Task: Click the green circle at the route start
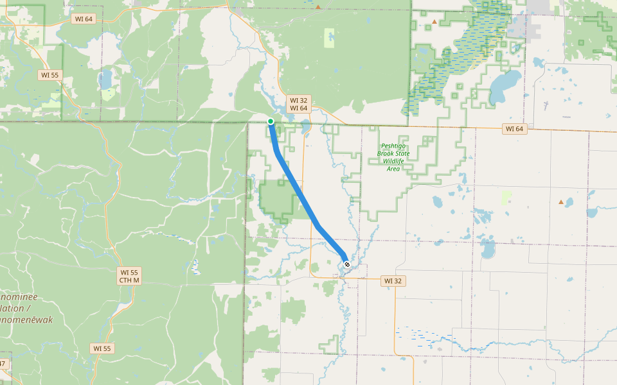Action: pyautogui.click(x=271, y=121)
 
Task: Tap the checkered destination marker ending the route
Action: pyautogui.click(x=347, y=264)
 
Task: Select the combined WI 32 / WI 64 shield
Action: pyautogui.click(x=299, y=104)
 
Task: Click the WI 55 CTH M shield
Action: pyautogui.click(x=129, y=277)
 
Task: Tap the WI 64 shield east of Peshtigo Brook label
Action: pyautogui.click(x=514, y=129)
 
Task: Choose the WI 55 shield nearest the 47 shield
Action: pyautogui.click(x=102, y=348)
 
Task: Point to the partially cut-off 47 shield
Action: pyautogui.click(x=4, y=364)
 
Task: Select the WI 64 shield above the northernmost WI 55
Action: pyautogui.click(x=84, y=19)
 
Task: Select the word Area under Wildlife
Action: pyautogui.click(x=393, y=169)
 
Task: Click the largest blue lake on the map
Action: pyautogui.click(x=504, y=87)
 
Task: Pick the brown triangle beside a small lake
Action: pyautogui.click(x=561, y=202)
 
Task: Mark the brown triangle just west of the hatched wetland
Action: pyautogui.click(x=434, y=22)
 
